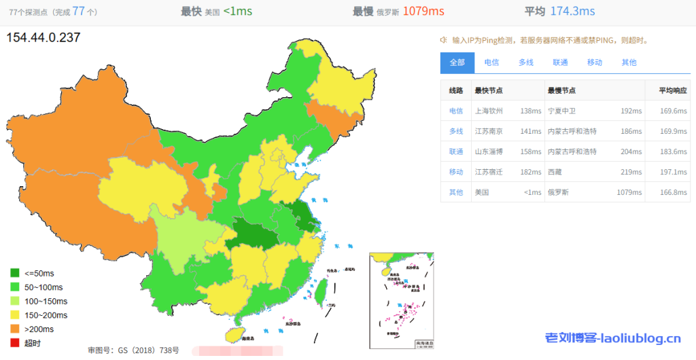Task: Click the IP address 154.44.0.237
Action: tap(43, 38)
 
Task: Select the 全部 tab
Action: tap(457, 62)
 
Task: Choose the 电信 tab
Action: tap(491, 62)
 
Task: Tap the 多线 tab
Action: tap(526, 62)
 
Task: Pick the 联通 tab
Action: tap(560, 62)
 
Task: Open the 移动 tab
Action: tap(595, 62)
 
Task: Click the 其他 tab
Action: tap(629, 62)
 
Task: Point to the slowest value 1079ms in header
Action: tap(423, 11)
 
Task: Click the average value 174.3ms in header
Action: tap(572, 11)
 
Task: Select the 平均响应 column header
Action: tap(672, 90)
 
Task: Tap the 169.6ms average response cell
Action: tap(673, 111)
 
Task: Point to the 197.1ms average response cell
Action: tap(673, 172)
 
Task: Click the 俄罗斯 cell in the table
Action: tap(559, 192)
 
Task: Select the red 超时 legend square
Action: tap(15, 343)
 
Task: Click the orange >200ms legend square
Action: tap(15, 329)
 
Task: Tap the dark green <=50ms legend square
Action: tap(15, 273)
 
